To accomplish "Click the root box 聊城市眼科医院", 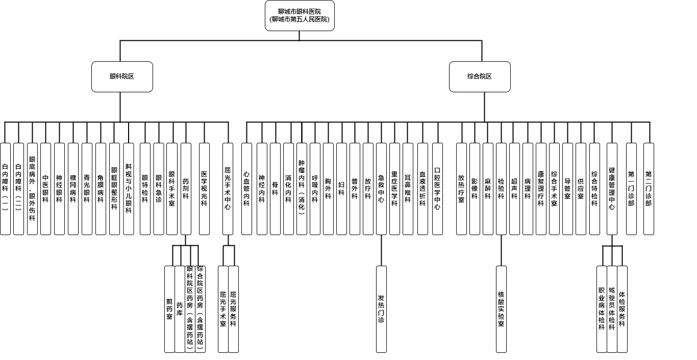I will click(x=300, y=15).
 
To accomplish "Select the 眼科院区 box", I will click(x=122, y=76).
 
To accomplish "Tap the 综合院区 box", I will click(x=480, y=76).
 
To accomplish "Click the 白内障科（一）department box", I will click(x=5, y=189).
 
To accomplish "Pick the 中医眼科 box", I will click(x=45, y=189).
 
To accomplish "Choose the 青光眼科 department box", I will click(x=87, y=189).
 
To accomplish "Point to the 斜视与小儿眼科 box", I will click(x=128, y=189).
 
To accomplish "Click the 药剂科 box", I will click(x=186, y=189).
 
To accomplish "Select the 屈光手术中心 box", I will click(x=228, y=189).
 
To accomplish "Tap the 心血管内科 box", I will click(x=246, y=189).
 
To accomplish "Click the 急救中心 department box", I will click(x=381, y=189).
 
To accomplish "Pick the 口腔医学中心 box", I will click(x=437, y=189).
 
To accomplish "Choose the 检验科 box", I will click(x=501, y=189).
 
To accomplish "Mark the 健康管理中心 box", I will click(x=612, y=189).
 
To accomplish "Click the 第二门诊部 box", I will click(x=649, y=189).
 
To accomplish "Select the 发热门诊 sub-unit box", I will click(x=381, y=308).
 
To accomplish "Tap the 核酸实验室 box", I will click(x=501, y=308).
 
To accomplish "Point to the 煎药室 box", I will click(x=169, y=308).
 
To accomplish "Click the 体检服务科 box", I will click(x=622, y=308).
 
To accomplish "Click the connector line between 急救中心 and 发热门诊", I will click(x=381, y=250).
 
